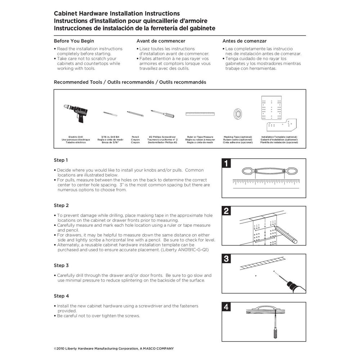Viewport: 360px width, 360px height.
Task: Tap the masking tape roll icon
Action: (x=238, y=113)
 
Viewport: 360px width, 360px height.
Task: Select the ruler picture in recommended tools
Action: (x=200, y=114)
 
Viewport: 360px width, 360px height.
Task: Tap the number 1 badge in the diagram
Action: (x=226, y=164)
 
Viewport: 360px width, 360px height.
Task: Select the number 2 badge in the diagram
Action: (x=226, y=211)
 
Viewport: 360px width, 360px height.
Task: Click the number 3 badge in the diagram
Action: (x=226, y=259)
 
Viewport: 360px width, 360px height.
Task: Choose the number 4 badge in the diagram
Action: (x=226, y=307)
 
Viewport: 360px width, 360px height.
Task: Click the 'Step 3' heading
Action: (x=61, y=266)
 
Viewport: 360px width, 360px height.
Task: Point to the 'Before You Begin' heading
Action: (x=74, y=41)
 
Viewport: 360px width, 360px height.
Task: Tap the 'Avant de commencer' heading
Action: (x=161, y=41)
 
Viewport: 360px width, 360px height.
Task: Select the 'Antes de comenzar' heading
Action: (x=244, y=41)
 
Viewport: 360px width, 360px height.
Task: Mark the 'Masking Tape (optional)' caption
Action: (x=238, y=137)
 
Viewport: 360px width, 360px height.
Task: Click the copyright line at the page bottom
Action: (x=114, y=348)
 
